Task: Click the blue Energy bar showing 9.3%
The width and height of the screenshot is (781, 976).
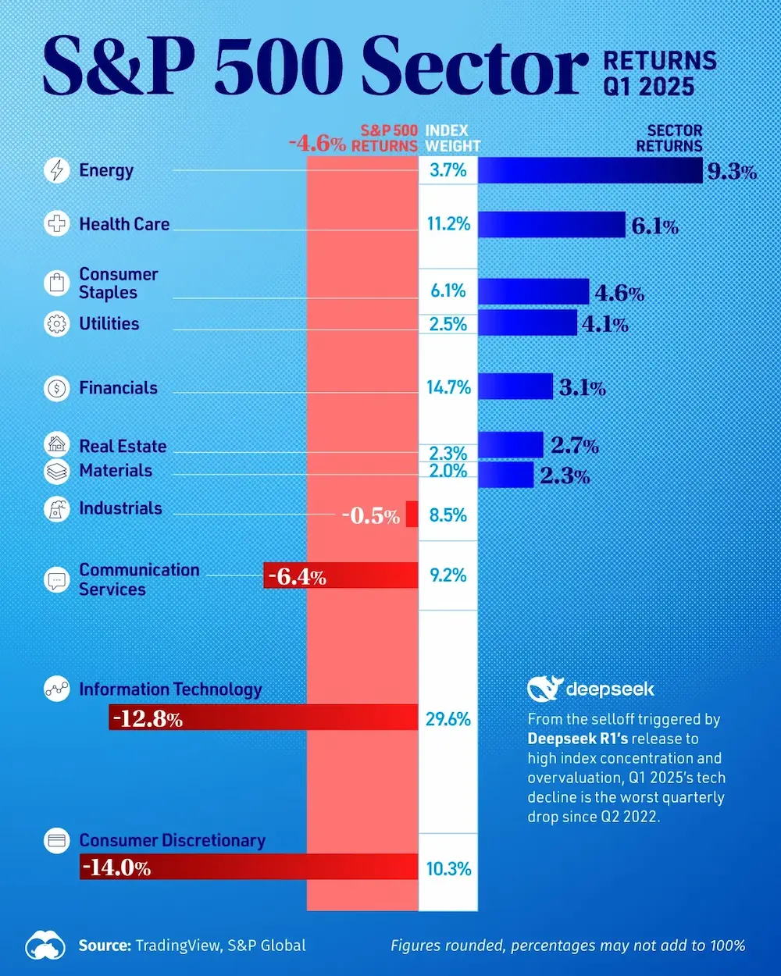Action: coord(590,170)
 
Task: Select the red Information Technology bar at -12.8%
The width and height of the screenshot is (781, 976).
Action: coord(264,718)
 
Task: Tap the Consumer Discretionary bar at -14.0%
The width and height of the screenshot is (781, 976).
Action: coord(248,867)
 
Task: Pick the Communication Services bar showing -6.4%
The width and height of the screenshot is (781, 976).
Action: coord(341,575)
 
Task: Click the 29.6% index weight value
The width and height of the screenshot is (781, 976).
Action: coord(448,719)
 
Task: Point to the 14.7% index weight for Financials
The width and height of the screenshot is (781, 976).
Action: coord(448,387)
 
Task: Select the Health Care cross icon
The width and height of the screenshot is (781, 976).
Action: coord(57,224)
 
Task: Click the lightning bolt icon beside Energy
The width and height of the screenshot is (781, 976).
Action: coord(57,170)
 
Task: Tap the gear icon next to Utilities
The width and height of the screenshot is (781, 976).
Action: coord(57,324)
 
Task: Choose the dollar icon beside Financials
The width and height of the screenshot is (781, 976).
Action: coord(57,388)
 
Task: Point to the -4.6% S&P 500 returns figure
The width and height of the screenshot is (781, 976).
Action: coord(316,144)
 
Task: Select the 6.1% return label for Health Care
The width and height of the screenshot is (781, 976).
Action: coord(654,226)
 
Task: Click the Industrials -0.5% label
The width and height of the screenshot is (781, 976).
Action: coord(370,515)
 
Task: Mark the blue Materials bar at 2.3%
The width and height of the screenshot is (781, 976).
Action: coord(505,474)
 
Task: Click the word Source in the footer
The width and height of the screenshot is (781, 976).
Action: coord(104,946)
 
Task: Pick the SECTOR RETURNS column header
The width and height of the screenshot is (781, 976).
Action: coord(669,138)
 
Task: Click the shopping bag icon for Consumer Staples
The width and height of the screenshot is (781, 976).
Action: coord(57,283)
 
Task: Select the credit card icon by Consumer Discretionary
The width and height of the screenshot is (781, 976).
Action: coord(57,841)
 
